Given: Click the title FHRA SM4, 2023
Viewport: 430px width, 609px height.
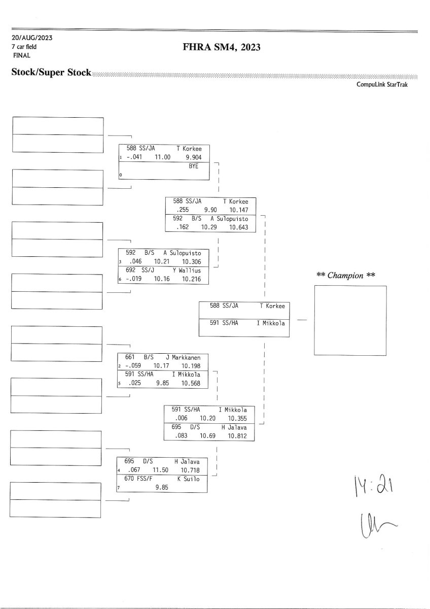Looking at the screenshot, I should coord(221,48).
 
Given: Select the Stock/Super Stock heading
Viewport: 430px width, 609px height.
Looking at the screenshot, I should coord(51,73).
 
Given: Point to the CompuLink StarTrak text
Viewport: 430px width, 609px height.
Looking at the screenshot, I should coord(382,84).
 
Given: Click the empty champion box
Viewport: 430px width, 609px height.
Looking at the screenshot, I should coord(350,320).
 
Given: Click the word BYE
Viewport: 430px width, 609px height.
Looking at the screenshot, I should coord(193,166).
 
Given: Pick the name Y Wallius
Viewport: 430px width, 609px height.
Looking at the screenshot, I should coord(187,270).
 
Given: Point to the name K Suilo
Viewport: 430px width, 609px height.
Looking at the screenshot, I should coord(188,479).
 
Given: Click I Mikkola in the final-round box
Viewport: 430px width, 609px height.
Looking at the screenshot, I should coord(270,323).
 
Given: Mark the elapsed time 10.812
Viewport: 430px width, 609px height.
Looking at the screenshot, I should coord(237,435).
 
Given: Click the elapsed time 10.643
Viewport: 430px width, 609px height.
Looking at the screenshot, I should coord(238,227).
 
